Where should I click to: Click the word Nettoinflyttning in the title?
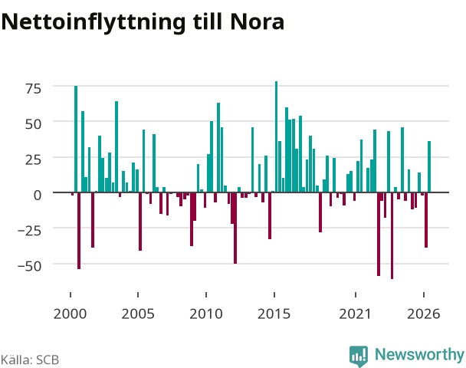tap(94, 22)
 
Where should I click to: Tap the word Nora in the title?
tap(257, 22)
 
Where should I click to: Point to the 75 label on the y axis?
tap(33, 89)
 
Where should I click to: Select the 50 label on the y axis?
tap(33, 124)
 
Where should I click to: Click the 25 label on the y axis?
tap(33, 160)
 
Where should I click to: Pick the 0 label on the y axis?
tap(38, 195)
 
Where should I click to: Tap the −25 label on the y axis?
tap(29, 231)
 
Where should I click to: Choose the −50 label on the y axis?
tap(29, 266)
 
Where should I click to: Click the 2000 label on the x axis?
tap(71, 314)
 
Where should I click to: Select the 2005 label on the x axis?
tap(138, 314)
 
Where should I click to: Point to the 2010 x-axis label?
tap(206, 314)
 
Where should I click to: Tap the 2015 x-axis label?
tap(274, 314)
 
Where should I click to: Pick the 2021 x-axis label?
tap(356, 314)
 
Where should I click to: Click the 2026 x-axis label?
tap(424, 314)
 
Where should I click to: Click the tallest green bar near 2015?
tap(276, 136)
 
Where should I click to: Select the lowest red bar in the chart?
tap(392, 235)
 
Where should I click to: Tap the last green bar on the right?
tap(429, 167)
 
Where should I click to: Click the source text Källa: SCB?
tap(30, 360)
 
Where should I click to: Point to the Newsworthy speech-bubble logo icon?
tap(359, 356)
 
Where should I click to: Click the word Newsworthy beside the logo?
tap(419, 355)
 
